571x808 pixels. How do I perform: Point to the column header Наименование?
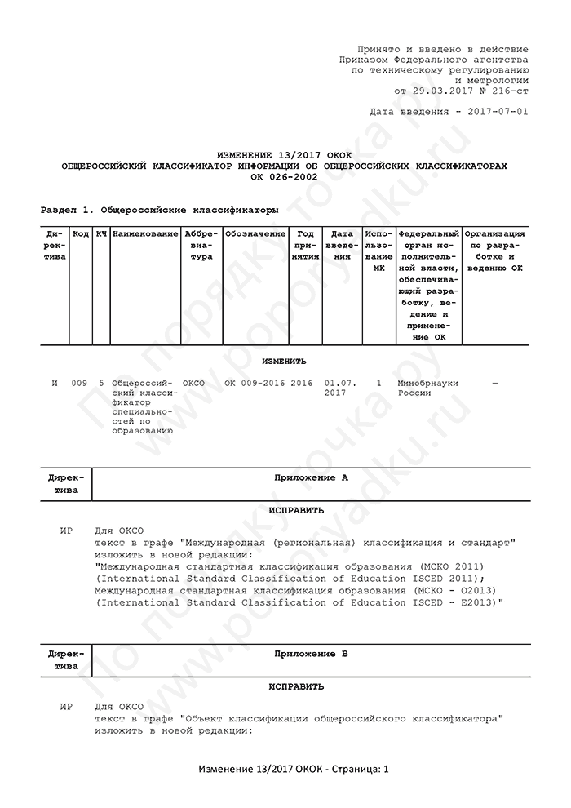coord(145,234)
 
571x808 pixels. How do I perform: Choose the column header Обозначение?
coord(255,234)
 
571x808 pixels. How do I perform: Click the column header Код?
coord(81,234)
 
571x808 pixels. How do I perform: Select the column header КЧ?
coord(101,234)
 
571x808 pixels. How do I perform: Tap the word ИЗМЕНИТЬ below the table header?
coord(284,361)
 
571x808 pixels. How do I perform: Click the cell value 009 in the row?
coord(79,382)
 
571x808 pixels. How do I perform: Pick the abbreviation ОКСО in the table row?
coord(193,382)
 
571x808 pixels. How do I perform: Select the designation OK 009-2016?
coord(255,382)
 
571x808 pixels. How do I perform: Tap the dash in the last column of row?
coord(494,382)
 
